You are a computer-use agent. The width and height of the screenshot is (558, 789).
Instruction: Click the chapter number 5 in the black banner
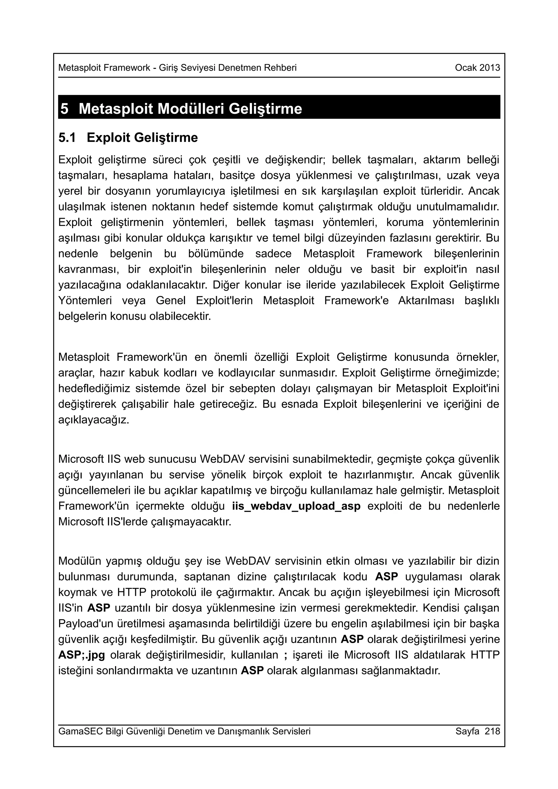[x=64, y=109]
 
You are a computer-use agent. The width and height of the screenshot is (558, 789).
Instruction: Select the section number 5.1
[x=67, y=138]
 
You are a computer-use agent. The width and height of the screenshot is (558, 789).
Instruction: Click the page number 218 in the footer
[x=492, y=731]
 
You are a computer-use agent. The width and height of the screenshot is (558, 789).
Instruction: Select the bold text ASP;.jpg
[x=81, y=655]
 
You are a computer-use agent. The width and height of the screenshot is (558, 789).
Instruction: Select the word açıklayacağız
[x=93, y=420]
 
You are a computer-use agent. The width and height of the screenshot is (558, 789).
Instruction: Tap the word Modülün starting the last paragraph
[x=79, y=561]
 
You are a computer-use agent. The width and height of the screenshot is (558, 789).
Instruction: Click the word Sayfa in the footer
[x=467, y=731]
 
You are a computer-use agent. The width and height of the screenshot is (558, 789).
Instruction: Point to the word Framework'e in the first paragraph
[x=356, y=301]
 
